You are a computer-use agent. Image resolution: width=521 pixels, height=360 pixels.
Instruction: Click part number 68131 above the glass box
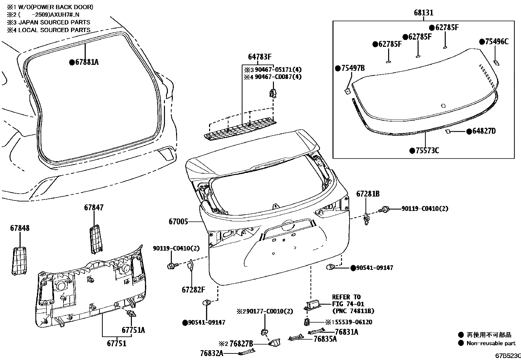pyautogui.click(x=423, y=13)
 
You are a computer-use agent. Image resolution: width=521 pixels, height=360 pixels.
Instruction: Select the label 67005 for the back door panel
pyautogui.click(x=178, y=222)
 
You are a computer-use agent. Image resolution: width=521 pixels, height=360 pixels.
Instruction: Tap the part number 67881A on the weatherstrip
pyautogui.click(x=86, y=62)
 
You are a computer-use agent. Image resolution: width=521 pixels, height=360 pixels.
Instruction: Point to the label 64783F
pyautogui.click(x=260, y=57)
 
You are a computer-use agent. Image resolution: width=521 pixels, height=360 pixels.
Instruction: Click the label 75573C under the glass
pyautogui.click(x=427, y=151)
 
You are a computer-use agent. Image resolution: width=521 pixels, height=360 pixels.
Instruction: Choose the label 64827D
pyautogui.click(x=483, y=131)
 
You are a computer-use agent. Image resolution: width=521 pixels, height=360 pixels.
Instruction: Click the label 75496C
pyautogui.click(x=496, y=42)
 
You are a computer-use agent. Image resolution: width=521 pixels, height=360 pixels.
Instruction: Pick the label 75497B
pyautogui.click(x=352, y=68)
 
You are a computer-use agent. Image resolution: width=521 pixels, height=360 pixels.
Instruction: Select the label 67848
pyautogui.click(x=20, y=228)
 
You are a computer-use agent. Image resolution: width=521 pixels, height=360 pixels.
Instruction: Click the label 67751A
pyautogui.click(x=133, y=330)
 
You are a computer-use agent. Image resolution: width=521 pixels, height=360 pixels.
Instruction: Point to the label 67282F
pyautogui.click(x=193, y=290)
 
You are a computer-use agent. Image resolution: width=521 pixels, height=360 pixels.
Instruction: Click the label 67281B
pyautogui.click(x=368, y=194)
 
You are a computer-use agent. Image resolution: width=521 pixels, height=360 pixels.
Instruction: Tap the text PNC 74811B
pyautogui.click(x=353, y=311)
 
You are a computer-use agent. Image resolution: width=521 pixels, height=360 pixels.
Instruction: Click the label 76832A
pyautogui.click(x=212, y=353)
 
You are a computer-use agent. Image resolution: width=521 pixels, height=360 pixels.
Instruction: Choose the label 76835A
pyautogui.click(x=325, y=339)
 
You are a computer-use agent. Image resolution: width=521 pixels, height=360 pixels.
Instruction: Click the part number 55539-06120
pyautogui.click(x=352, y=322)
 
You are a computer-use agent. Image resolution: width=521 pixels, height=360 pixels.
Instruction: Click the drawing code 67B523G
pyautogui.click(x=507, y=356)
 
